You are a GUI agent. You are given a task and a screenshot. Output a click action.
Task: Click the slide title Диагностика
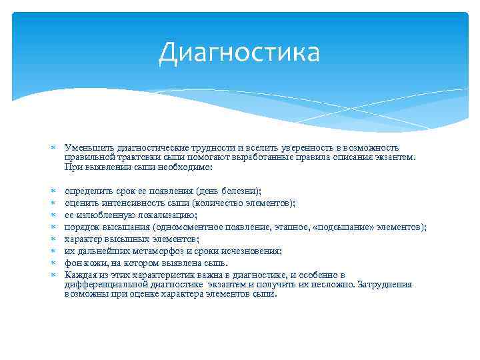click(x=239, y=53)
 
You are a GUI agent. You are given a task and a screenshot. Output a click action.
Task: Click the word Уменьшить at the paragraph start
click(x=86, y=147)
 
